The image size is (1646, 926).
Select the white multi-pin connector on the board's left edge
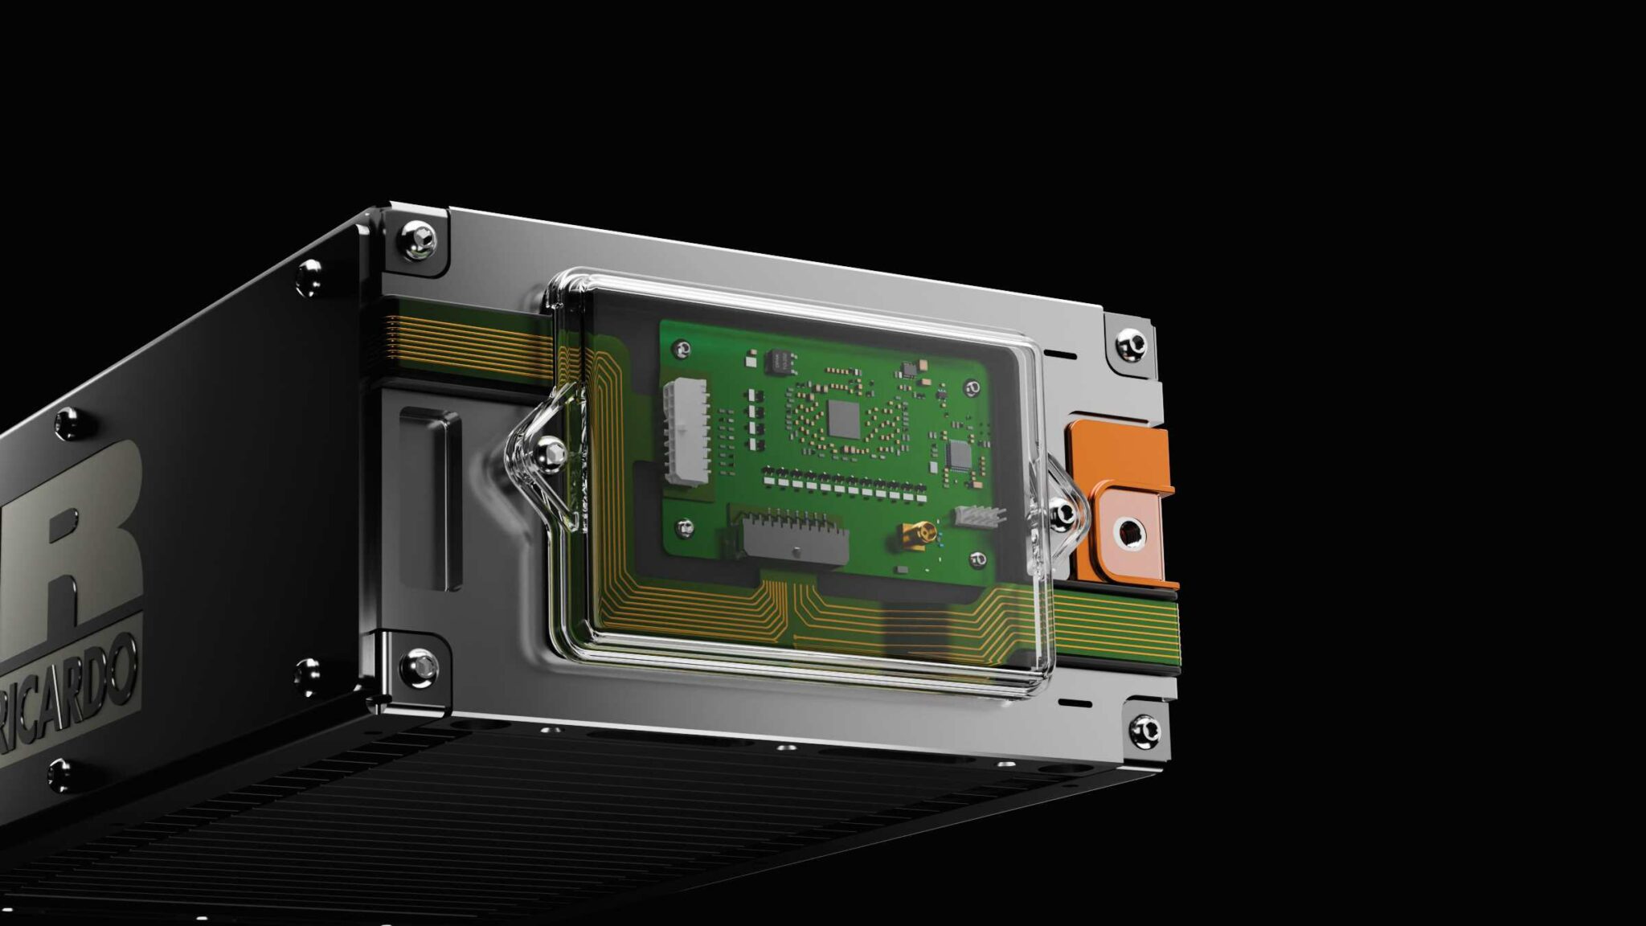pyautogui.click(x=686, y=432)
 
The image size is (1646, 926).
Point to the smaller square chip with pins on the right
pyautogui.click(x=960, y=455)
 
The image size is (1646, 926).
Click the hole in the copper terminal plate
pyautogui.click(x=1130, y=531)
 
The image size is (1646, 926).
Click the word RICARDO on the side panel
pyautogui.click(x=68, y=699)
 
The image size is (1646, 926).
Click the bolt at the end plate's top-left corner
pyautogui.click(x=419, y=238)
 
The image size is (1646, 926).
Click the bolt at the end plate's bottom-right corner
pyautogui.click(x=1144, y=729)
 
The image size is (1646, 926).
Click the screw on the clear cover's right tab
pyautogui.click(x=1063, y=512)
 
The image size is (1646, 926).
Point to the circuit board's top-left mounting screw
pyautogui.click(x=682, y=350)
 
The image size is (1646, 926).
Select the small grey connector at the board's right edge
pyautogui.click(x=979, y=516)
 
